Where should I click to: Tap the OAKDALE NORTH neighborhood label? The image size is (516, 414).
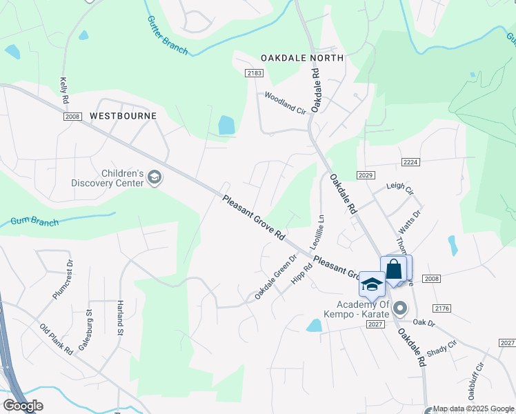tap(301, 58)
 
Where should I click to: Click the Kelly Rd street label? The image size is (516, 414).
tap(64, 90)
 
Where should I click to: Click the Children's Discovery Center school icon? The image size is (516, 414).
tap(155, 178)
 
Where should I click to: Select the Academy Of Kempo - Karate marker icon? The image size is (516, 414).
tap(400, 308)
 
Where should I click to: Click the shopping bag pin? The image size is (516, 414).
tap(394, 269)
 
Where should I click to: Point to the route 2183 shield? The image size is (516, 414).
tap(254, 72)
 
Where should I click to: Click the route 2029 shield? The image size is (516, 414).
tap(366, 176)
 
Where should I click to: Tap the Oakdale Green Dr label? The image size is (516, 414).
tap(275, 277)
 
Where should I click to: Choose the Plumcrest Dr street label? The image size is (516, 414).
tap(63, 279)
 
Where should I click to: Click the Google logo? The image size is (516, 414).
tap(23, 405)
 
